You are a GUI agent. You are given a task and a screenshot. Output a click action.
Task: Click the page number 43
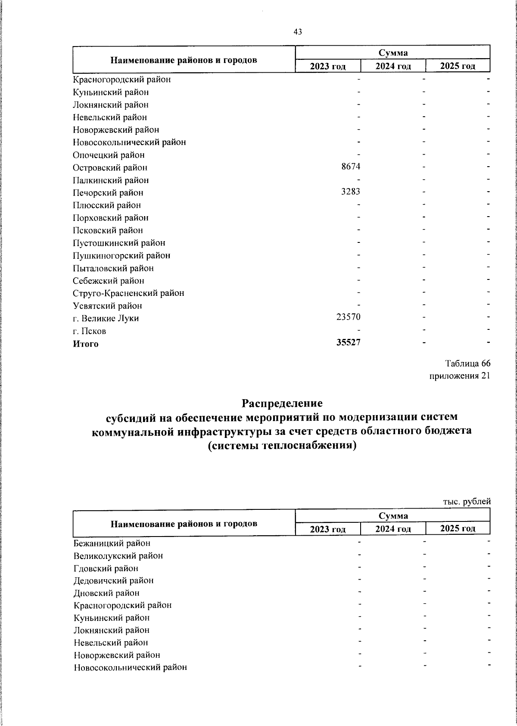tap(297, 32)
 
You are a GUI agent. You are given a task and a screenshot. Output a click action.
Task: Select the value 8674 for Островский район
tap(351, 167)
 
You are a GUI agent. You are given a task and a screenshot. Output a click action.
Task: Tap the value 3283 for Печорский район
tap(351, 192)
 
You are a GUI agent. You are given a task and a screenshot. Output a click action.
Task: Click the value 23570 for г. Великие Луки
tap(348, 317)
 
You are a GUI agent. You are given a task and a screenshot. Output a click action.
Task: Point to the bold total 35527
tap(348, 342)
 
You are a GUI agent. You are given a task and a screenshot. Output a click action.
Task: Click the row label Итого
tap(86, 344)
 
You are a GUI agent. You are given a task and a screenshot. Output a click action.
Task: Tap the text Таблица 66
tap(468, 363)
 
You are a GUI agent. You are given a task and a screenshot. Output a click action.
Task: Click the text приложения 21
tap(460, 376)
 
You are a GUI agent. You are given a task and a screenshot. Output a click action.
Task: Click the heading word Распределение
tap(282, 404)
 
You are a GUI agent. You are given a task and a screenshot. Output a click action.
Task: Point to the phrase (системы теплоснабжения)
tap(282, 446)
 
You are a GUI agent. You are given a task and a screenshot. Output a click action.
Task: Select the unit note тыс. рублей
tap(467, 502)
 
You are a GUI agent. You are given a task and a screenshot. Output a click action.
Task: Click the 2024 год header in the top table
tap(393, 66)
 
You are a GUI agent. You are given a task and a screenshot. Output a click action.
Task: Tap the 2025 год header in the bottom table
tap(458, 529)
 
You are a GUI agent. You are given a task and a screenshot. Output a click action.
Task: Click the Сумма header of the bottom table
tap(393, 515)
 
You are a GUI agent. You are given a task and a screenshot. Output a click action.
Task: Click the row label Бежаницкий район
tap(112, 543)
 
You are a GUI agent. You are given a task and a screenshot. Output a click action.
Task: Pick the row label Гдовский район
tap(106, 568)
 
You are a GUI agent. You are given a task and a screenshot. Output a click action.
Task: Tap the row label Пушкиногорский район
tap(121, 256)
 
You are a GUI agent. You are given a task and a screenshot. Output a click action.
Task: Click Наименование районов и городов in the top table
tap(184, 60)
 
